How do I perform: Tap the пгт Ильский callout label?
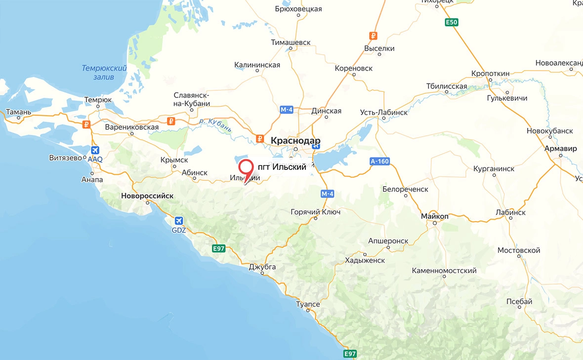282,167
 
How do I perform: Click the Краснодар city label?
295,140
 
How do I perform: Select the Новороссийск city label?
147,196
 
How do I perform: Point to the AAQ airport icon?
95,151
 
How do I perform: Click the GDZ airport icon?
178,220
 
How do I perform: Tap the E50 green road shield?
451,22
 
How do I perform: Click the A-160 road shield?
379,161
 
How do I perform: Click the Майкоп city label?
435,216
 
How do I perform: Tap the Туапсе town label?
308,304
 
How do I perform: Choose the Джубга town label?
262,267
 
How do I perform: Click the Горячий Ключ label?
315,212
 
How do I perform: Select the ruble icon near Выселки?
374,36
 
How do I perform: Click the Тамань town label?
18,112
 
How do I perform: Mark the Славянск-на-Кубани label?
192,99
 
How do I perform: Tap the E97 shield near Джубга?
218,248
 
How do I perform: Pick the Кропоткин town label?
490,73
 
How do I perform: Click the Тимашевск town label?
291,42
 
